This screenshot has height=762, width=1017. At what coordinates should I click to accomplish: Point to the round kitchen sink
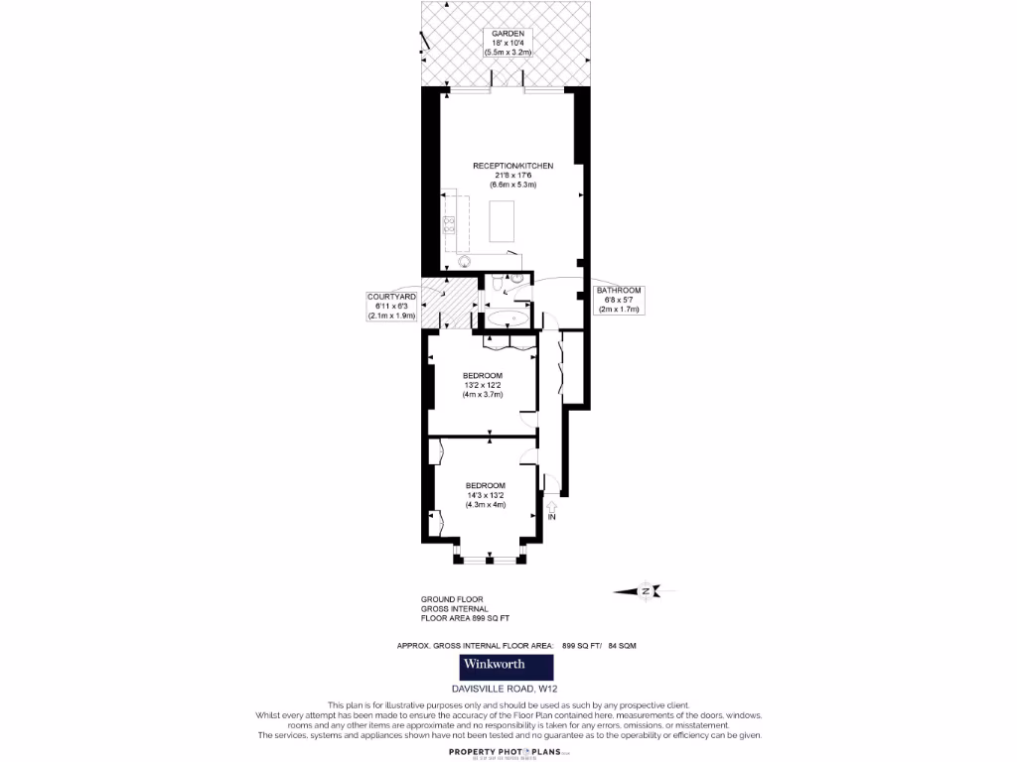click(464, 262)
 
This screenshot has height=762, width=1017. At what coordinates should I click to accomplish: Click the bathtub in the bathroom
click(508, 319)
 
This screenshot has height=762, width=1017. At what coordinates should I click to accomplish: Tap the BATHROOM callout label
click(621, 300)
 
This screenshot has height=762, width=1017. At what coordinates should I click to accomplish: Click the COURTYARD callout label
click(391, 307)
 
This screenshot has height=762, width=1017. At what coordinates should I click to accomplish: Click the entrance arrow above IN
click(552, 505)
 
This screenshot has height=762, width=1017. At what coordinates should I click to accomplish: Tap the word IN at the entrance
click(552, 518)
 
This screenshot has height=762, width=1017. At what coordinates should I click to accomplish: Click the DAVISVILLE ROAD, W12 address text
click(507, 688)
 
